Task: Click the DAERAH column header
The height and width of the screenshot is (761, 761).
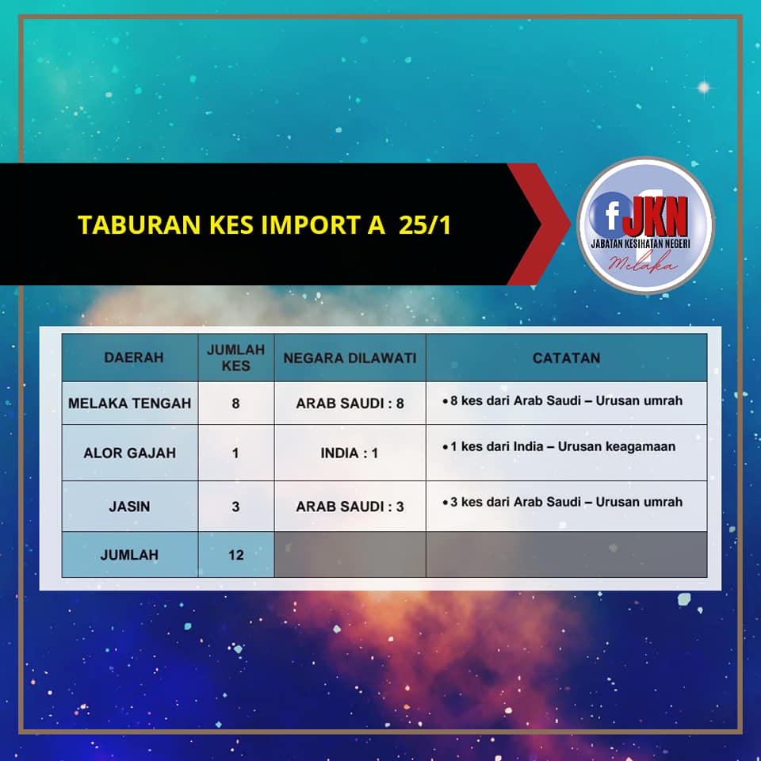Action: [x=133, y=358]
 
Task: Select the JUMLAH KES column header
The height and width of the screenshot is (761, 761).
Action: [x=236, y=358]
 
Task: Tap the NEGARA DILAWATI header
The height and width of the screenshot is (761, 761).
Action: [x=350, y=358]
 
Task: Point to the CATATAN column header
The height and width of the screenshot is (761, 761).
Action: [x=566, y=358]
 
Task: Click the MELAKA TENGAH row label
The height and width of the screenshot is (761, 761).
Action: [x=129, y=403]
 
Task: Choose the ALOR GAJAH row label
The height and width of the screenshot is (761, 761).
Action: [x=129, y=453]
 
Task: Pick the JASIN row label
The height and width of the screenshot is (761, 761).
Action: [x=129, y=507]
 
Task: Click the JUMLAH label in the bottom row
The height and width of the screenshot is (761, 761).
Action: [x=129, y=555]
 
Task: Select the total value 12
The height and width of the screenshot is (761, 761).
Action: [x=236, y=555]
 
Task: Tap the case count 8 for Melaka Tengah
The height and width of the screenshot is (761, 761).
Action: [x=236, y=403]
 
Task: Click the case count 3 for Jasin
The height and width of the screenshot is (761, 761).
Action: [x=236, y=507]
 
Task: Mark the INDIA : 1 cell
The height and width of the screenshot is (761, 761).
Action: [x=350, y=453]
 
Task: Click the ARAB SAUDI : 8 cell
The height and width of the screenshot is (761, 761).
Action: [x=350, y=403]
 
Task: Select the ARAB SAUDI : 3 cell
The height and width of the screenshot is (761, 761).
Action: [x=350, y=507]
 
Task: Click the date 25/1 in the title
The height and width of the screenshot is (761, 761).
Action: [x=425, y=224]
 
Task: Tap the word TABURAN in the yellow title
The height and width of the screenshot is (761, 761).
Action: [x=140, y=224]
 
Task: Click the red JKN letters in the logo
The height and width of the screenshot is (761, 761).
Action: [x=656, y=216]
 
